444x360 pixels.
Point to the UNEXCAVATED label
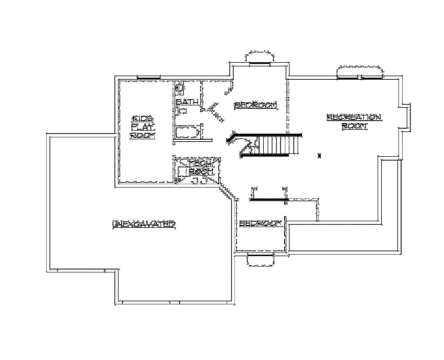click(144, 223)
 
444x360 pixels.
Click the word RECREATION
click(354, 117)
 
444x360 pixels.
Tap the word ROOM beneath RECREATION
click(354, 126)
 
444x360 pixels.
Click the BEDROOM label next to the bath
click(255, 105)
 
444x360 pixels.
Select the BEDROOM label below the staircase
click(260, 224)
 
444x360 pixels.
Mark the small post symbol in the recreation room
click(319, 155)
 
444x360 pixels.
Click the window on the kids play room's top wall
click(148, 75)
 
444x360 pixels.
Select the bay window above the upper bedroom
click(258, 58)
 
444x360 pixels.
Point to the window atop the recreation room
click(360, 71)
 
